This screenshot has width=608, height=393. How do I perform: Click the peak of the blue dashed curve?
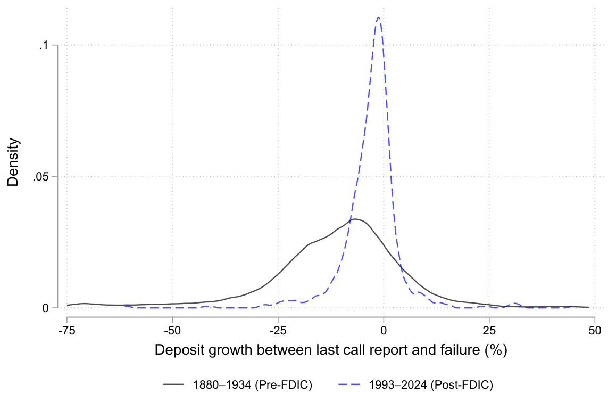coord(378,17)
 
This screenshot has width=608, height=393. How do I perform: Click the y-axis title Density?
coord(14,162)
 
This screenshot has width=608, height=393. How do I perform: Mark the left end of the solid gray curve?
coord(68,305)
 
